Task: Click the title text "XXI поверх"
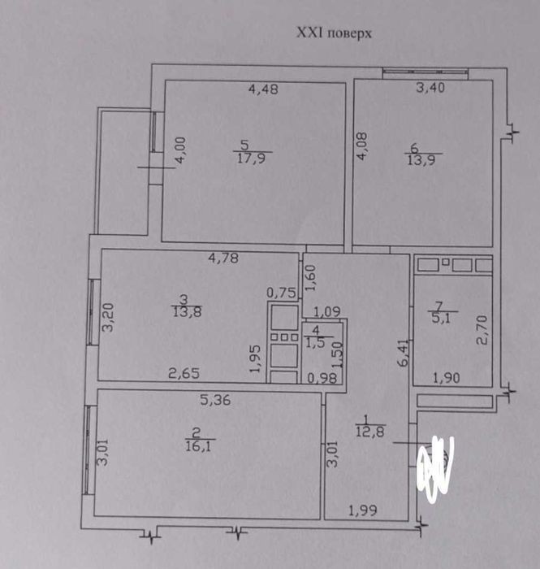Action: click(334, 34)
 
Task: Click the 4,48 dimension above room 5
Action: click(263, 89)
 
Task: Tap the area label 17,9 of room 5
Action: click(252, 159)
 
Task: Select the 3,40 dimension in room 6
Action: click(430, 88)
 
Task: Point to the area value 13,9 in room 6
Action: click(422, 159)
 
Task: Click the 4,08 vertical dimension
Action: click(361, 146)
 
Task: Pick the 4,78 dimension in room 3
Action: click(223, 258)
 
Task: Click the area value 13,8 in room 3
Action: click(187, 311)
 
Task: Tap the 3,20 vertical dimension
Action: click(108, 318)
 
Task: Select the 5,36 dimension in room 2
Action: click(215, 400)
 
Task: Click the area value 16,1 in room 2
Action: click(198, 445)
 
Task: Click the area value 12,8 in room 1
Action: click(370, 432)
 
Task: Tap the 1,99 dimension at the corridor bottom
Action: click(363, 511)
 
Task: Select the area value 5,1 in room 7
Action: click(443, 319)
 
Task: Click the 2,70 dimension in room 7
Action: click(482, 330)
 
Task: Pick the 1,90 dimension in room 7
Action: click(447, 378)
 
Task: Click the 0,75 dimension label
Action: click(281, 293)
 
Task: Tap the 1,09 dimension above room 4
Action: click(327, 311)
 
